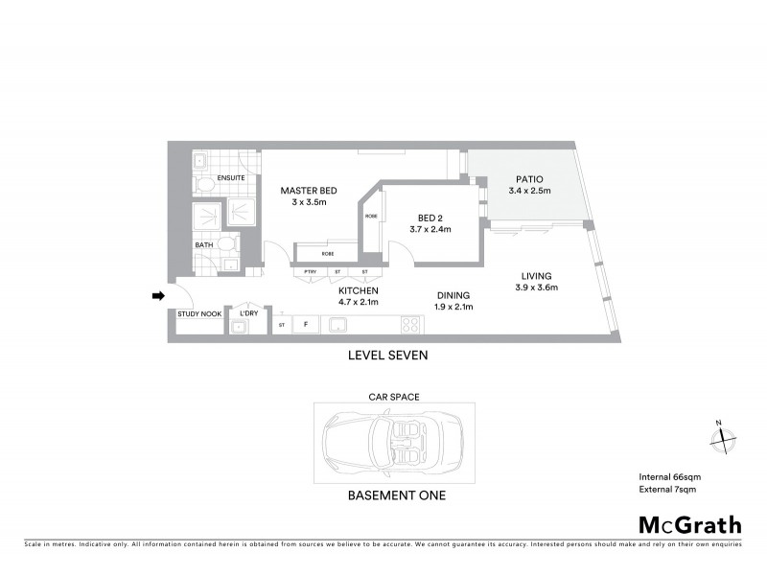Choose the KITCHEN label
point(358,290)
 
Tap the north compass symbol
point(721,438)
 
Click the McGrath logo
point(690,524)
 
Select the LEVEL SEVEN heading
point(388,355)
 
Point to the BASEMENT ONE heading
point(396,496)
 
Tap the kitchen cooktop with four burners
point(410,325)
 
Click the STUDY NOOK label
point(199,314)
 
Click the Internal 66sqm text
point(667,476)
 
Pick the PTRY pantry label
point(311,273)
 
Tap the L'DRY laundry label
point(242,313)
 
